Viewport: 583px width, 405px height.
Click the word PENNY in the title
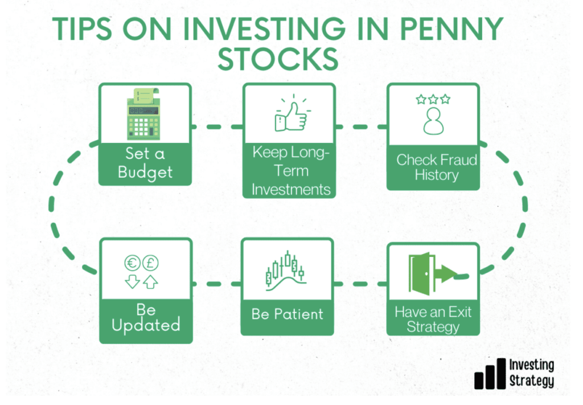pyautogui.click(x=451, y=28)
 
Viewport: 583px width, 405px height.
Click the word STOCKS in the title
pyautogui.click(x=278, y=59)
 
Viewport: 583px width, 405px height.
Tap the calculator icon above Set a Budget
pyautogui.click(x=144, y=114)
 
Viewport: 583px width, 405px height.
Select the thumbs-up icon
pyautogui.click(x=293, y=113)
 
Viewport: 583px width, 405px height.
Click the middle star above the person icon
pyautogui.click(x=433, y=99)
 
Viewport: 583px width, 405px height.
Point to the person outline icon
pyautogui.click(x=433, y=121)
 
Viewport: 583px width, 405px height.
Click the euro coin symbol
pyautogui.click(x=132, y=263)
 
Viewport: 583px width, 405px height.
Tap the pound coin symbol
pyautogui.click(x=150, y=263)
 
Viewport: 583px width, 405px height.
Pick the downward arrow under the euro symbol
pyautogui.click(x=132, y=281)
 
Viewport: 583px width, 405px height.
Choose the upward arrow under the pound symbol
pyautogui.click(x=150, y=282)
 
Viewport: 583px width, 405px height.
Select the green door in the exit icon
pyautogui.click(x=422, y=274)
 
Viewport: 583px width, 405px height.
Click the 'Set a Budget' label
pyautogui.click(x=145, y=163)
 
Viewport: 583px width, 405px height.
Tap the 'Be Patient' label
pyautogui.click(x=287, y=314)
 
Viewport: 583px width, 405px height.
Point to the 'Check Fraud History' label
pyautogui.click(x=437, y=167)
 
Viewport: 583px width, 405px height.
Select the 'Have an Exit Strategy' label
pyautogui.click(x=433, y=319)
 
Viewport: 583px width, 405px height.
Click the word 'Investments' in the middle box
pyautogui.click(x=291, y=190)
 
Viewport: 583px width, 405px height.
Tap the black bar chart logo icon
pyautogui.click(x=490, y=374)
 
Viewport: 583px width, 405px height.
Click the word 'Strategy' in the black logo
pyautogui.click(x=532, y=381)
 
